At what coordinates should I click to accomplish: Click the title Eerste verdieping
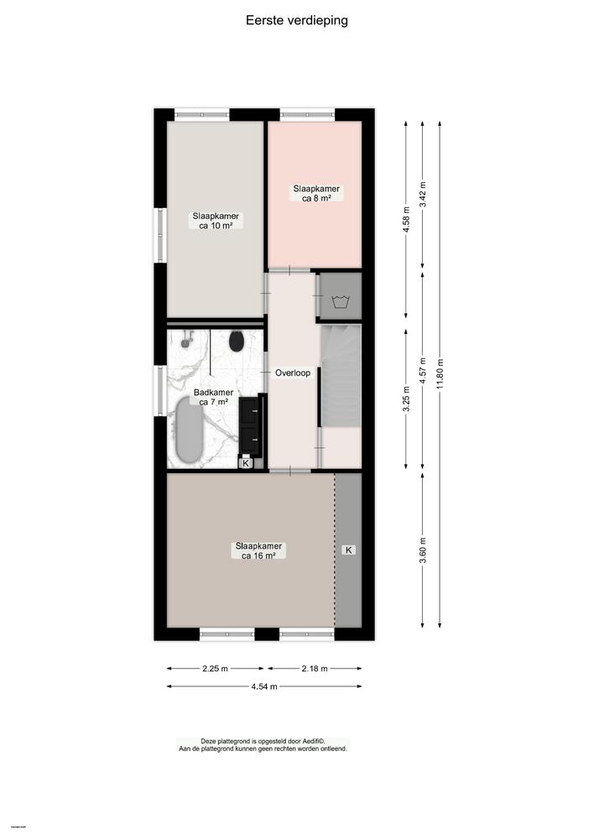[296, 20]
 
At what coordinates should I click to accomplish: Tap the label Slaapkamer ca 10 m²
[216, 221]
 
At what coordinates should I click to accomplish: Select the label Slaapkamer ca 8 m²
[315, 194]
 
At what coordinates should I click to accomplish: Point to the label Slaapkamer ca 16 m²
[258, 550]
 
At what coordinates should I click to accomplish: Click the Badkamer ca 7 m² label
[215, 397]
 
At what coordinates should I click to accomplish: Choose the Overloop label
[293, 373]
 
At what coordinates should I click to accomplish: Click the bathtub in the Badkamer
[189, 430]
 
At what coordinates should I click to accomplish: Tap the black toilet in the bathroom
[237, 341]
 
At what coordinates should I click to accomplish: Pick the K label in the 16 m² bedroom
[349, 550]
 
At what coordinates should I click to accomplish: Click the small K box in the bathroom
[246, 462]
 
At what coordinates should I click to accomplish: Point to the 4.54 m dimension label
[265, 686]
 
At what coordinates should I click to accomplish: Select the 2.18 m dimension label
[315, 669]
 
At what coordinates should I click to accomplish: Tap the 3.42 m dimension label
[423, 195]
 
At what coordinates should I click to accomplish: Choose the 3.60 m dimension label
[423, 550]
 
